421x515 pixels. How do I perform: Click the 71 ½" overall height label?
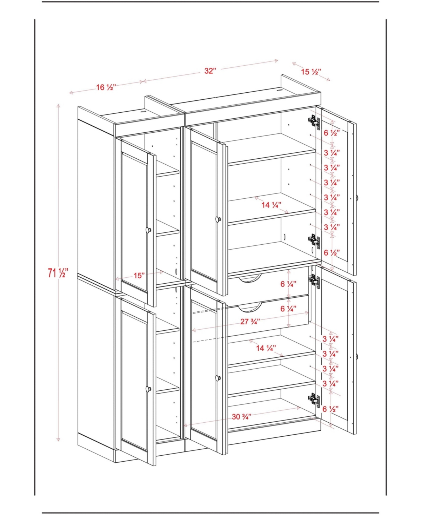58,272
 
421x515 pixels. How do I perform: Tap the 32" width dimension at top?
210,71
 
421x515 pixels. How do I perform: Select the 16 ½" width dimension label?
106,87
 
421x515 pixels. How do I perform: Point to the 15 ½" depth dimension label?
311,72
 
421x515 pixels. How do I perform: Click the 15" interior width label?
139,275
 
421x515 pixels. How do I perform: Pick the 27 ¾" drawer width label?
250,321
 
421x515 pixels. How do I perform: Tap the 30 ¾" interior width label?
242,417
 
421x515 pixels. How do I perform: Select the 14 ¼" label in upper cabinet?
271,205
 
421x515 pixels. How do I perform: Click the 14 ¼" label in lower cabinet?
266,348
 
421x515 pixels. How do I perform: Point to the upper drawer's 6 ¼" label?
288,284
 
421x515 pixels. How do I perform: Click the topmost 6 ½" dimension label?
332,133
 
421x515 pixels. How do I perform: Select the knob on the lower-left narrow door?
148,389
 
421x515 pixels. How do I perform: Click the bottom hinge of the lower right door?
314,400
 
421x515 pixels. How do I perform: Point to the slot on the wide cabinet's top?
280,90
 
